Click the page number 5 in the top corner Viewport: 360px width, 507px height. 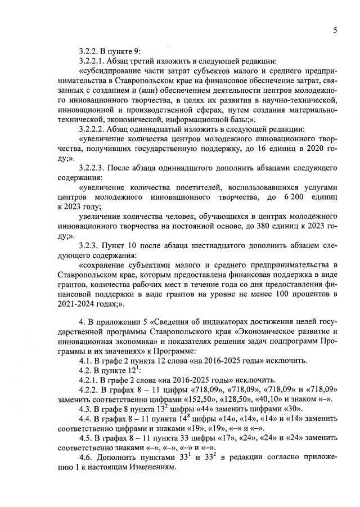coord(335,31)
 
